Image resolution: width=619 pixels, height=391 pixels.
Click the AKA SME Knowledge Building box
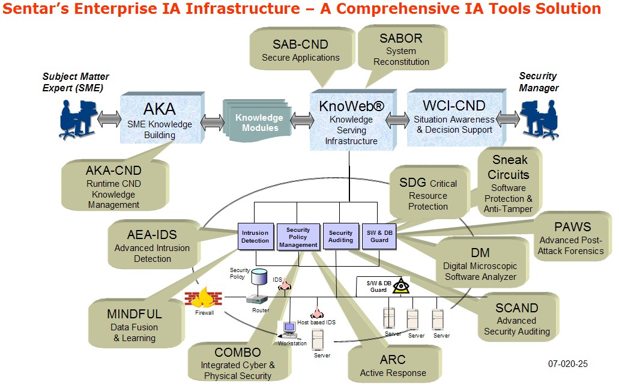pos(159,119)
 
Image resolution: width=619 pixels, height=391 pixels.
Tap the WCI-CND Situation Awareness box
pos(454,117)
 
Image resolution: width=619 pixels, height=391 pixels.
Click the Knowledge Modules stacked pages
pos(258,123)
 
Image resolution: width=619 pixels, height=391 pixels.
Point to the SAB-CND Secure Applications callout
pos(300,51)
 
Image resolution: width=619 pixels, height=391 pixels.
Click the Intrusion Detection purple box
pos(255,236)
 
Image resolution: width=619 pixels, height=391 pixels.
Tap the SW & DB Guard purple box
pos(379,236)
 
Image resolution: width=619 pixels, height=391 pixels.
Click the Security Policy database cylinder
pos(259,277)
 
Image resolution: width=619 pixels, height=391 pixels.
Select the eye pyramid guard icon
pos(400,286)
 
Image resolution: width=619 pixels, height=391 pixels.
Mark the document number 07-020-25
pos(567,363)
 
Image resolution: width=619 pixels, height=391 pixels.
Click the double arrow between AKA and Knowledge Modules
pos(212,123)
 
